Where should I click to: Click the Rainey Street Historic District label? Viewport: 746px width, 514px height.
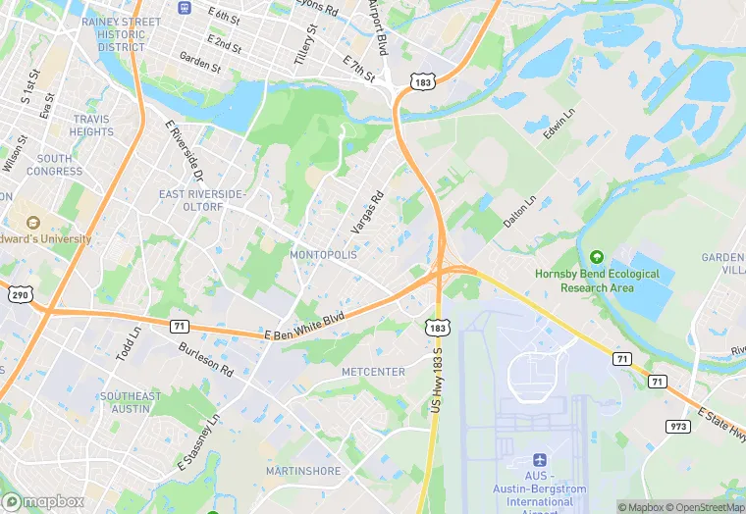pos(121,34)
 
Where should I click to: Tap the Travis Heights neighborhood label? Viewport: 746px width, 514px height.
pos(92,126)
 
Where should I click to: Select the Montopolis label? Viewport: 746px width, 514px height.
pos(324,254)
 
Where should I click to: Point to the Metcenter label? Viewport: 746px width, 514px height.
pos(373,372)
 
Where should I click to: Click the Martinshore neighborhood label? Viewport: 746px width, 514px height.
pos(303,471)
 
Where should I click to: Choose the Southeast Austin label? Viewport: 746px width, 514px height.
pos(130,402)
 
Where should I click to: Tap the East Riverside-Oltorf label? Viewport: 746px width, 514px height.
pos(201,200)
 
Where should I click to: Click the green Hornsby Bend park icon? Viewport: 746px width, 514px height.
pos(596,257)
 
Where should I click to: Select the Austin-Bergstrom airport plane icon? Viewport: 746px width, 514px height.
pos(537,459)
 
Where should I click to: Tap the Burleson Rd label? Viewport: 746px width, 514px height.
pos(206,359)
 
